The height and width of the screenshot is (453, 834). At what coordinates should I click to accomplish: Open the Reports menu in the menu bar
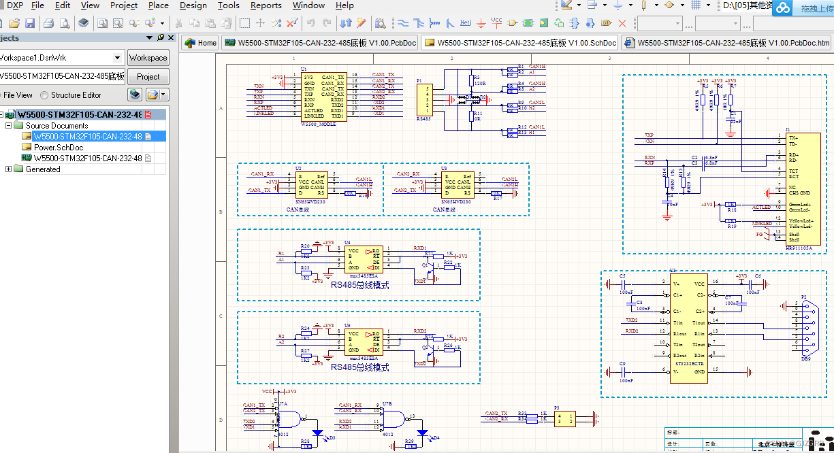pyautogui.click(x=266, y=5)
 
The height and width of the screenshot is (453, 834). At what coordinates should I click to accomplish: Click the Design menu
pyautogui.click(x=193, y=5)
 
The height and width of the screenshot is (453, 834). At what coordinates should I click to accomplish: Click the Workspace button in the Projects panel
pyautogui.click(x=148, y=58)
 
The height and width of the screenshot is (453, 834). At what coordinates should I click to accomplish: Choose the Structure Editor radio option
pyautogui.click(x=45, y=95)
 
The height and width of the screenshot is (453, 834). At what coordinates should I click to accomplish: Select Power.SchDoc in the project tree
pyautogui.click(x=59, y=148)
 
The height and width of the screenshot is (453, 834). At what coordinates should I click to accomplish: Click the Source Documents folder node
pyautogui.click(x=57, y=126)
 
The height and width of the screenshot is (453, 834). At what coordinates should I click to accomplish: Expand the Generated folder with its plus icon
pyautogui.click(x=9, y=169)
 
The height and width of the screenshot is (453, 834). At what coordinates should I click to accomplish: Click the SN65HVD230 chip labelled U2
pyautogui.click(x=312, y=184)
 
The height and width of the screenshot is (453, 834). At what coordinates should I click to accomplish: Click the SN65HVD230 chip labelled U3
pyautogui.click(x=458, y=184)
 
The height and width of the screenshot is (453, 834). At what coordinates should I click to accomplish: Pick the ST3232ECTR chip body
pyautogui.click(x=688, y=329)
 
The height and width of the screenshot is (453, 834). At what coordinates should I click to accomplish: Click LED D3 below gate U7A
pyautogui.click(x=317, y=433)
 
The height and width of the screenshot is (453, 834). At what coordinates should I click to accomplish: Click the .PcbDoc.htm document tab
pyautogui.click(x=726, y=43)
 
